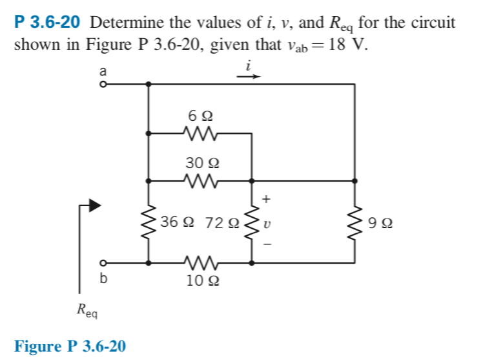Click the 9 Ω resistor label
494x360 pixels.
click(379, 224)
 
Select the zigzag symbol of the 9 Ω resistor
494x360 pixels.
click(355, 222)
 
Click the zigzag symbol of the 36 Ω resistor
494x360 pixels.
click(149, 222)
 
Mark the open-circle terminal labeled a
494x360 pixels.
click(101, 83)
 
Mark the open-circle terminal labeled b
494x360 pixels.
click(101, 263)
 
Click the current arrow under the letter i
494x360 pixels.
click(248, 76)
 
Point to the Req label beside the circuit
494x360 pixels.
click(88, 315)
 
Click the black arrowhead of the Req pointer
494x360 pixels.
click(95, 206)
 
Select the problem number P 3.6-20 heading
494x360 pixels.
click(47, 23)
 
